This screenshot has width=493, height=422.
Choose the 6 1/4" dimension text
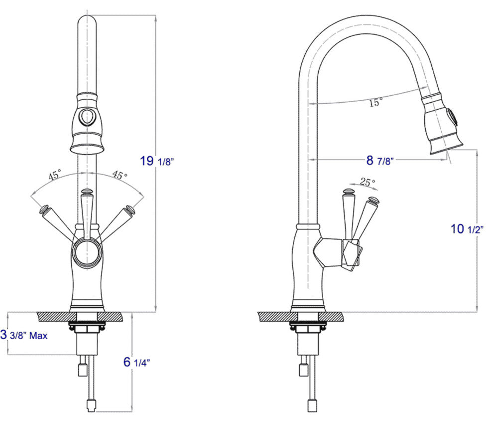pyautogui.click(x=136, y=362)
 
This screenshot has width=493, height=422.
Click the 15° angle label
pyautogui.click(x=375, y=103)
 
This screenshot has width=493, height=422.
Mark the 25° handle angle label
pyautogui.click(x=367, y=183)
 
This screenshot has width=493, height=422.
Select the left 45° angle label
pyautogui.click(x=54, y=176)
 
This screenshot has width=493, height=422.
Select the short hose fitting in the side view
pyautogui.click(x=302, y=369)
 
